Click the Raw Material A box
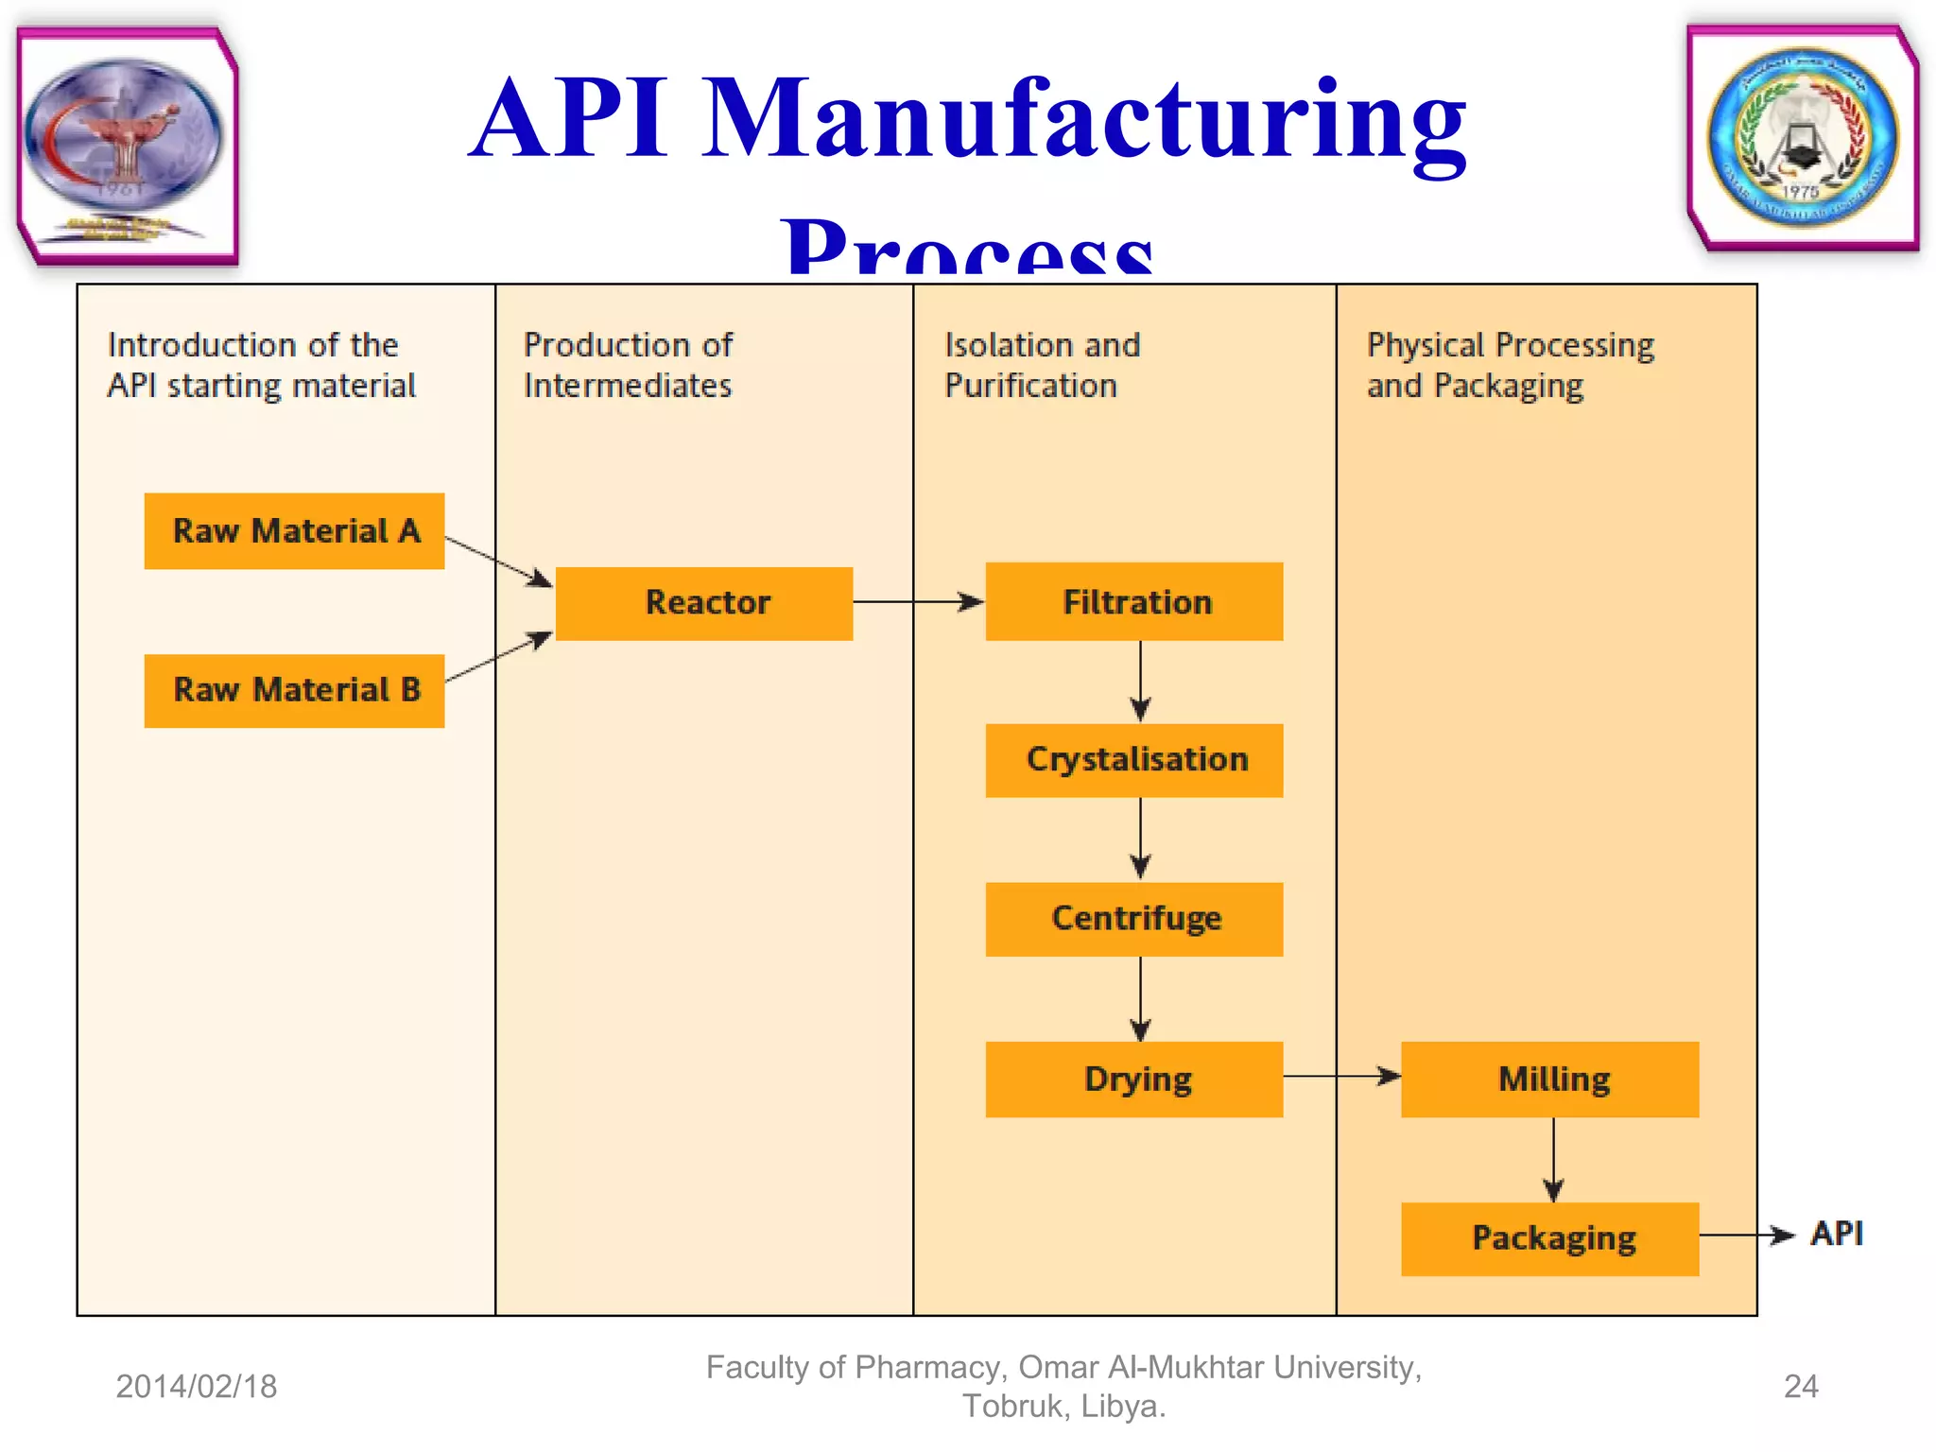(294, 531)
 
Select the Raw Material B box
(294, 691)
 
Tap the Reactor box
(704, 603)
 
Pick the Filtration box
(1134, 602)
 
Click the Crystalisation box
(1134, 760)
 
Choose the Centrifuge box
(1134, 919)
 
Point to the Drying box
(1134, 1080)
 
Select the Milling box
(1550, 1080)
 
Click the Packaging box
(1550, 1238)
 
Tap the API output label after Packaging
(1836, 1234)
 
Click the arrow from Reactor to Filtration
(917, 602)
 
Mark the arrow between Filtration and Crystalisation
(1140, 681)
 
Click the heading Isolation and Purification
(1042, 365)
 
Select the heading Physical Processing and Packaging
(1510, 365)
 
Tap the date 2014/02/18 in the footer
(197, 1387)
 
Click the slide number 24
(1800, 1387)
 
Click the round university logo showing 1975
(1802, 138)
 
